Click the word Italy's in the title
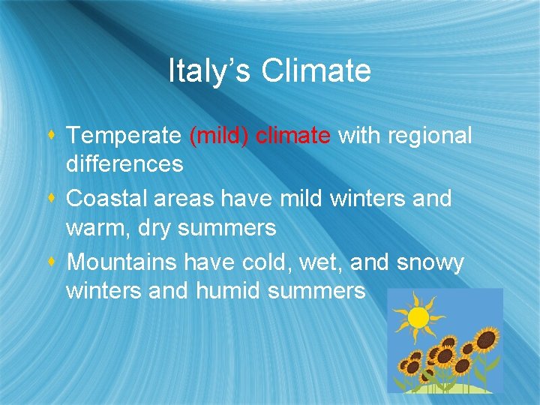pyautogui.click(x=210, y=71)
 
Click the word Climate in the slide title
pyautogui.click(x=316, y=71)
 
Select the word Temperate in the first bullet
pyautogui.click(x=124, y=136)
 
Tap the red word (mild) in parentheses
pyautogui.click(x=220, y=136)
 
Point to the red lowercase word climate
pyautogui.click(x=293, y=136)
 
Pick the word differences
pyautogui.click(x=124, y=164)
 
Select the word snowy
pyautogui.click(x=430, y=264)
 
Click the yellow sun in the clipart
pyautogui.click(x=418, y=317)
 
